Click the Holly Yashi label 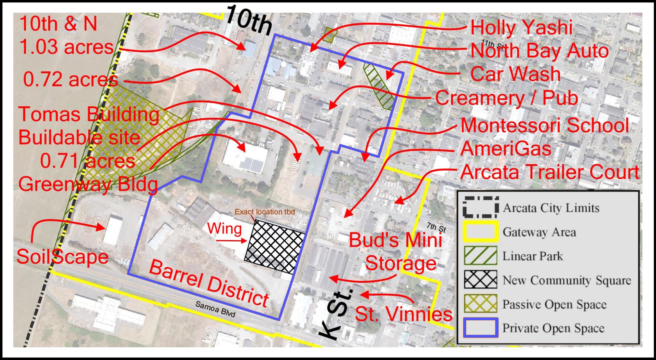tap(521, 27)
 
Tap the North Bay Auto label tap(539, 51)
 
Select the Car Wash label tap(515, 74)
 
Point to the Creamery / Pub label tap(506, 98)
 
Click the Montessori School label tap(545, 125)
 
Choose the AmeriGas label tap(506, 149)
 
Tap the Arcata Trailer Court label tap(550, 172)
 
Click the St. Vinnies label tap(404, 314)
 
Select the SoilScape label tap(63, 256)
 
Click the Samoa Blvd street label tap(216, 309)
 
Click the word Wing tap(224, 229)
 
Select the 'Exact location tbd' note tap(264, 212)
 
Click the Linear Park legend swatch tap(480, 256)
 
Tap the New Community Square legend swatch tap(480, 280)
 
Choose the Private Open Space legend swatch tap(480, 328)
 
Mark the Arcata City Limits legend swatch tap(480, 208)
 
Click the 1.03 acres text tap(66, 47)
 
